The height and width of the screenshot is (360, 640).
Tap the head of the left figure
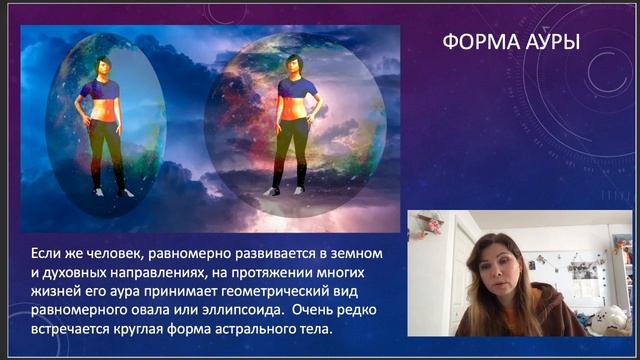pos(103,65)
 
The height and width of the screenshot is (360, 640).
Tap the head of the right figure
pos(295,64)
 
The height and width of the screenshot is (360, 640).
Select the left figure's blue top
pos(103,90)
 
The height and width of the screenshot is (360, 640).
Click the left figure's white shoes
pos(112,191)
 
